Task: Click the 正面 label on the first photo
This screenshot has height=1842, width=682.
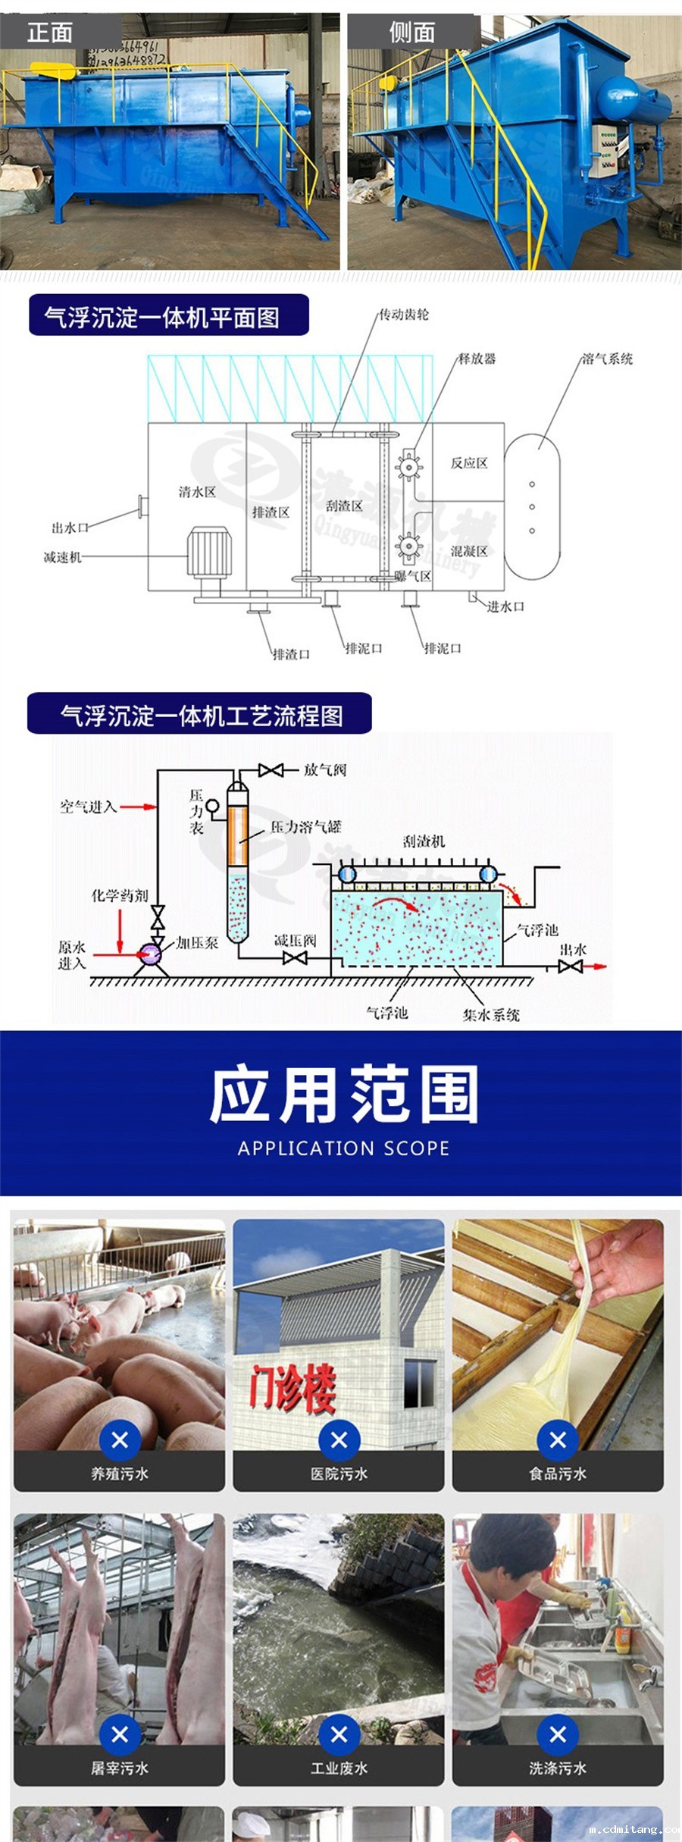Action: pos(50,33)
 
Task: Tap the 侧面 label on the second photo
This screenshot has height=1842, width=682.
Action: pos(411,33)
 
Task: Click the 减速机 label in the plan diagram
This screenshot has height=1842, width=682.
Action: pos(62,557)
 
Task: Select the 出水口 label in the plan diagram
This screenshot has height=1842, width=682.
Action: pos(70,528)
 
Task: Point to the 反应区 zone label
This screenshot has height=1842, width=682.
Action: pos(469,463)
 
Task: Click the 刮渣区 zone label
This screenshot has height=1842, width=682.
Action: pos(344,506)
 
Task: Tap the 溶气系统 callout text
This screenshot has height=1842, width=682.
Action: pos(607,359)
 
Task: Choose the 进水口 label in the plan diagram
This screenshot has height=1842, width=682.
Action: pos(505,606)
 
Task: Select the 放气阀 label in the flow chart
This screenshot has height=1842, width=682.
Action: pos(325,770)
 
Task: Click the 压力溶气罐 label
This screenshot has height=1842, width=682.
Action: pos(306,827)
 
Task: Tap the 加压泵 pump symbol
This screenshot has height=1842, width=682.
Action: pos(150,953)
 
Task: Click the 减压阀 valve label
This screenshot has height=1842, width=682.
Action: pos(295,941)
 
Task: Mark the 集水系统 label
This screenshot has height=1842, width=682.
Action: pos(491,1014)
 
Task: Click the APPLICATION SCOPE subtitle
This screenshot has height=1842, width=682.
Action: pos(343,1148)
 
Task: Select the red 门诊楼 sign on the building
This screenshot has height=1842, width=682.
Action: pos(293,1386)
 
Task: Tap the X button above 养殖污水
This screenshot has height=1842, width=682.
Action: pos(120,1439)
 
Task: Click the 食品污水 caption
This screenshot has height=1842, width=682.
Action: pos(558,1473)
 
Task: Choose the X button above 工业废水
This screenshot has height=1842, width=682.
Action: pos(339,1734)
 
